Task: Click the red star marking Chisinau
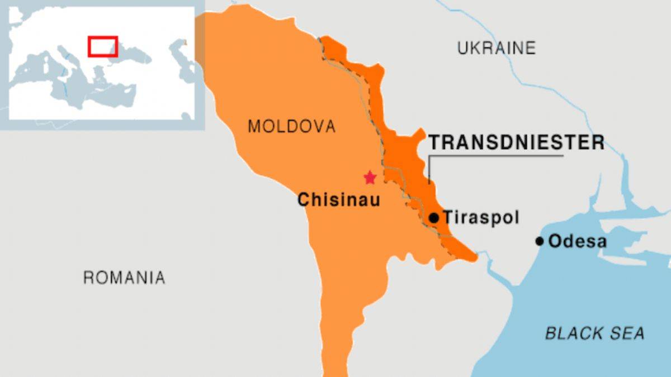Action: coord(370,178)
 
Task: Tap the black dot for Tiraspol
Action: coord(433,217)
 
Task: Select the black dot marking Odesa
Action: coord(539,241)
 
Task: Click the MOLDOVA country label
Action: coord(292,126)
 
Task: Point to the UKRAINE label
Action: coord(497,48)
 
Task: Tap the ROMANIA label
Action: coord(124,277)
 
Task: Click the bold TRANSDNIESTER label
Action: coord(516,142)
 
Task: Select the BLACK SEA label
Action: coord(594,333)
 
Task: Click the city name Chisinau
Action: coord(338,199)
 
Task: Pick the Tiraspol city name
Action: coord(481,217)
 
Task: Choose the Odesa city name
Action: coord(577,241)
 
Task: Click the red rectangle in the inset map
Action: coord(102,46)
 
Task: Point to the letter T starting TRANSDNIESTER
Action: coord(434,142)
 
